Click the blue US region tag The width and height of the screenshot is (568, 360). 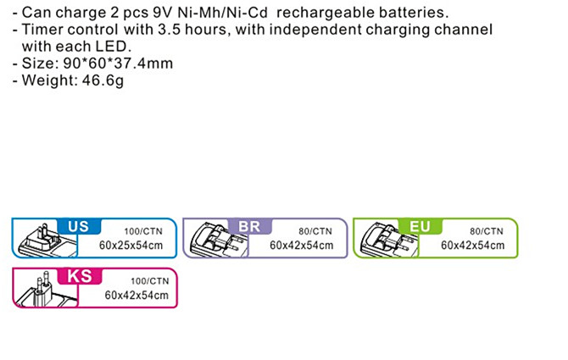(x=78, y=226)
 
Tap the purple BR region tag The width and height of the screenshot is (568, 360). (x=248, y=226)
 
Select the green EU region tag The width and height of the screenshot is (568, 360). (x=420, y=226)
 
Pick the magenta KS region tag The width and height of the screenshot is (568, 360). (x=78, y=276)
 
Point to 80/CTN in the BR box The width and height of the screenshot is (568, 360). (x=315, y=230)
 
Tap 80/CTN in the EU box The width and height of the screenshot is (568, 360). (x=486, y=230)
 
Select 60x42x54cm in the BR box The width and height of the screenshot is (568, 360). (x=301, y=246)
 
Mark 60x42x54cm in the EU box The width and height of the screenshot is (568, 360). (x=472, y=246)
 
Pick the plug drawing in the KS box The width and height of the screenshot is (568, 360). (x=40, y=290)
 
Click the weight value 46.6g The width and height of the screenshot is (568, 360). (x=101, y=80)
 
